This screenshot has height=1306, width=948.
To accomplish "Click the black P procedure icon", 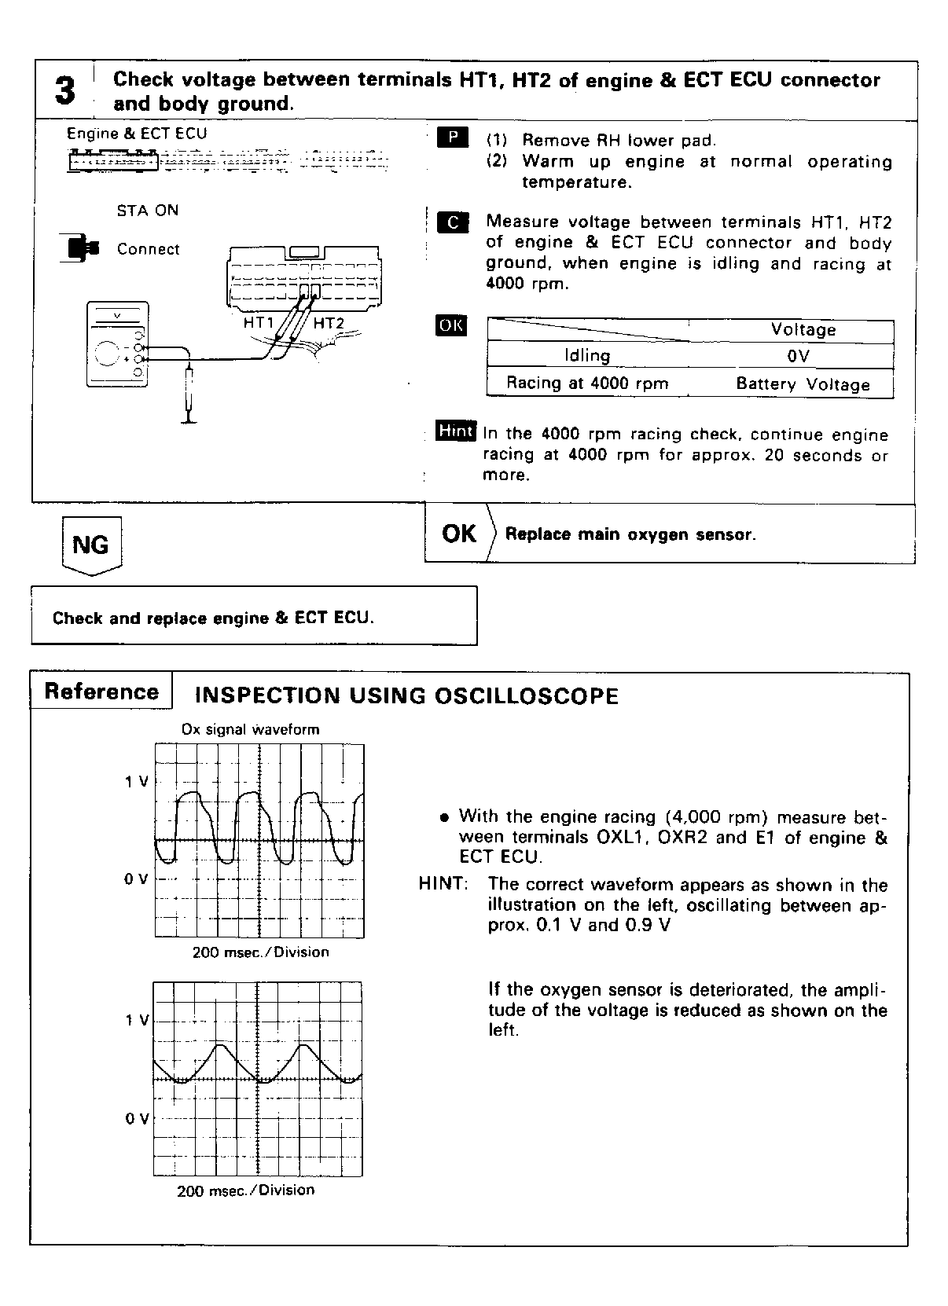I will [x=452, y=138].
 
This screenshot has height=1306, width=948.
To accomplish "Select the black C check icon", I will [x=452, y=222].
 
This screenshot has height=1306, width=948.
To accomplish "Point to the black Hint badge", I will [x=456, y=431].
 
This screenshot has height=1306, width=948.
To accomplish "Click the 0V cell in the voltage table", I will [x=798, y=356].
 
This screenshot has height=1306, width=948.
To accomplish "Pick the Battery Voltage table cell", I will [x=803, y=384].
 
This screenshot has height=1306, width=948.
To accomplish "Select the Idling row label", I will [x=587, y=356].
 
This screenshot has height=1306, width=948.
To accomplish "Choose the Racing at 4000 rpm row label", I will [x=587, y=383].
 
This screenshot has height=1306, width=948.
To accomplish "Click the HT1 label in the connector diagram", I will [x=259, y=322].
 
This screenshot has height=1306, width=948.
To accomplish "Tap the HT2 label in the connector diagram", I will [x=329, y=323].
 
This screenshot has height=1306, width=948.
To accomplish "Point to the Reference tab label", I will [x=101, y=692].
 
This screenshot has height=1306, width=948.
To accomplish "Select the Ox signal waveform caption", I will [x=250, y=729].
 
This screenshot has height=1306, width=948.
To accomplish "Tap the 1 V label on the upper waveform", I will [x=136, y=782].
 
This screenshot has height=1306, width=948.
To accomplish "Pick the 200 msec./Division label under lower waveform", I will [x=245, y=1190].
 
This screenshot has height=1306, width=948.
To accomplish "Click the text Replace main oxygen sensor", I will [x=630, y=534].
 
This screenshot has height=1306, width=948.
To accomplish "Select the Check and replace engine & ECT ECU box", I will [x=254, y=617].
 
